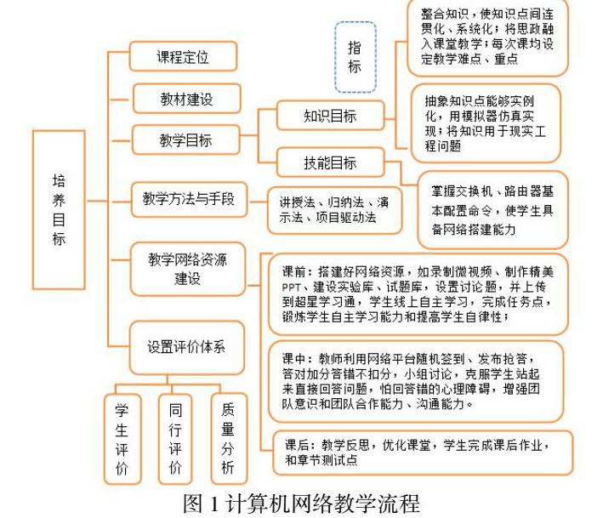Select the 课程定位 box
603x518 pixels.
coord(183,57)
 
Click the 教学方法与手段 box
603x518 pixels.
coord(188,201)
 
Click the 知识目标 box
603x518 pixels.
coord(330,116)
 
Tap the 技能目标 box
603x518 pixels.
coord(330,162)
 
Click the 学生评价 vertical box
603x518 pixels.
coord(122,439)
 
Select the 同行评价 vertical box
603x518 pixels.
coord(175,439)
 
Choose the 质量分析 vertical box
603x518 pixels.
coord(228,439)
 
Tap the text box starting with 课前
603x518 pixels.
coord(418,294)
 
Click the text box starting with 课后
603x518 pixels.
coord(418,451)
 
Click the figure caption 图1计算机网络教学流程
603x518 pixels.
coord(301,503)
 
